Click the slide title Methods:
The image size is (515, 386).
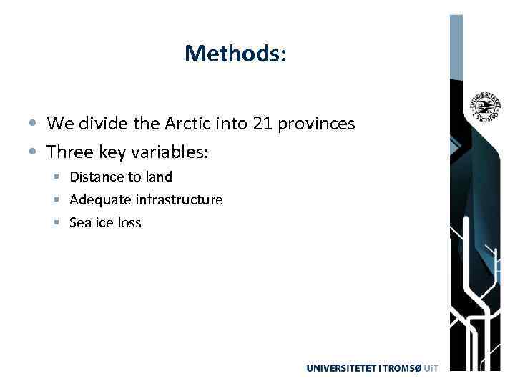click(x=235, y=54)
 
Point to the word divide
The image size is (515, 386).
click(x=100, y=124)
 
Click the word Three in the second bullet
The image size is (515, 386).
click(x=68, y=152)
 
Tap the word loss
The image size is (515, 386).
click(x=129, y=222)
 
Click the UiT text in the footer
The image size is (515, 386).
click(x=430, y=368)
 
